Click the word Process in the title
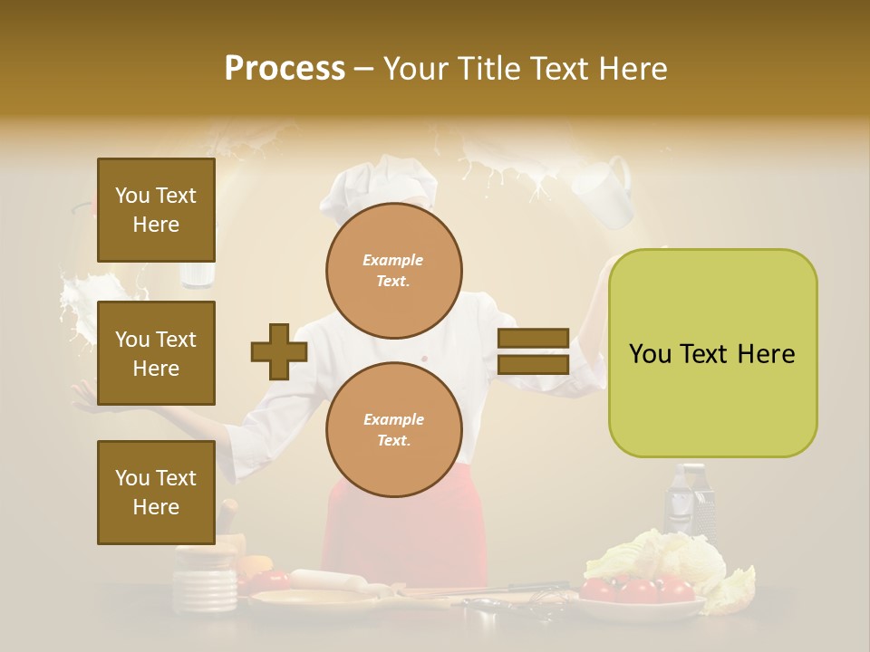pyautogui.click(x=285, y=68)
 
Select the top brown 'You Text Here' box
pyautogui.click(x=156, y=210)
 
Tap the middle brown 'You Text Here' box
pyautogui.click(x=156, y=353)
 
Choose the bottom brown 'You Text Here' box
pyautogui.click(x=156, y=492)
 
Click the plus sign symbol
pyautogui.click(x=279, y=352)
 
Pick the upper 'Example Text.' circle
pyautogui.click(x=394, y=271)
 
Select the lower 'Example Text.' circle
pyautogui.click(x=394, y=429)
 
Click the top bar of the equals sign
pyautogui.click(x=533, y=339)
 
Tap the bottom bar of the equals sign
pyautogui.click(x=533, y=365)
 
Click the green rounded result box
pyautogui.click(x=712, y=353)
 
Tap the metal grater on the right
pyautogui.click(x=690, y=503)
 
